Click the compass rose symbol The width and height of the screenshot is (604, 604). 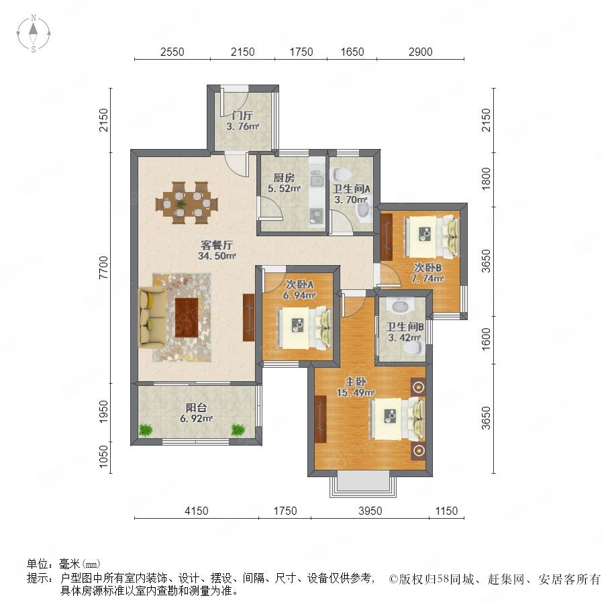point(34,34)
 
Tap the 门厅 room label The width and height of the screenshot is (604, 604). point(242,115)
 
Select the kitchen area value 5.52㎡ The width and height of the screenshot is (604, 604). point(284,189)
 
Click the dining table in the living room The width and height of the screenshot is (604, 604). point(187,203)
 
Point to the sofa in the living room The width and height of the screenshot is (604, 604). point(152,317)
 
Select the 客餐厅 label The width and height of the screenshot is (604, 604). point(217,245)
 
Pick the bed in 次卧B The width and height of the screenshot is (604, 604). point(432,237)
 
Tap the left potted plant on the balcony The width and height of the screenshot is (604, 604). point(146,430)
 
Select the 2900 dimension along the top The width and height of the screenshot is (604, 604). point(420,52)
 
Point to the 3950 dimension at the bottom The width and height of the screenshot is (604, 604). point(370,511)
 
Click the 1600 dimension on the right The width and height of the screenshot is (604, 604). point(487,340)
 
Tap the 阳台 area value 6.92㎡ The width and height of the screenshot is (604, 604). point(197,418)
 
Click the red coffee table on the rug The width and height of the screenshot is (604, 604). point(187,317)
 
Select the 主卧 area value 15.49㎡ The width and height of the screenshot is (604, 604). point(356,393)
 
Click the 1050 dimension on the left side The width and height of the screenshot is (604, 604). point(103,457)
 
